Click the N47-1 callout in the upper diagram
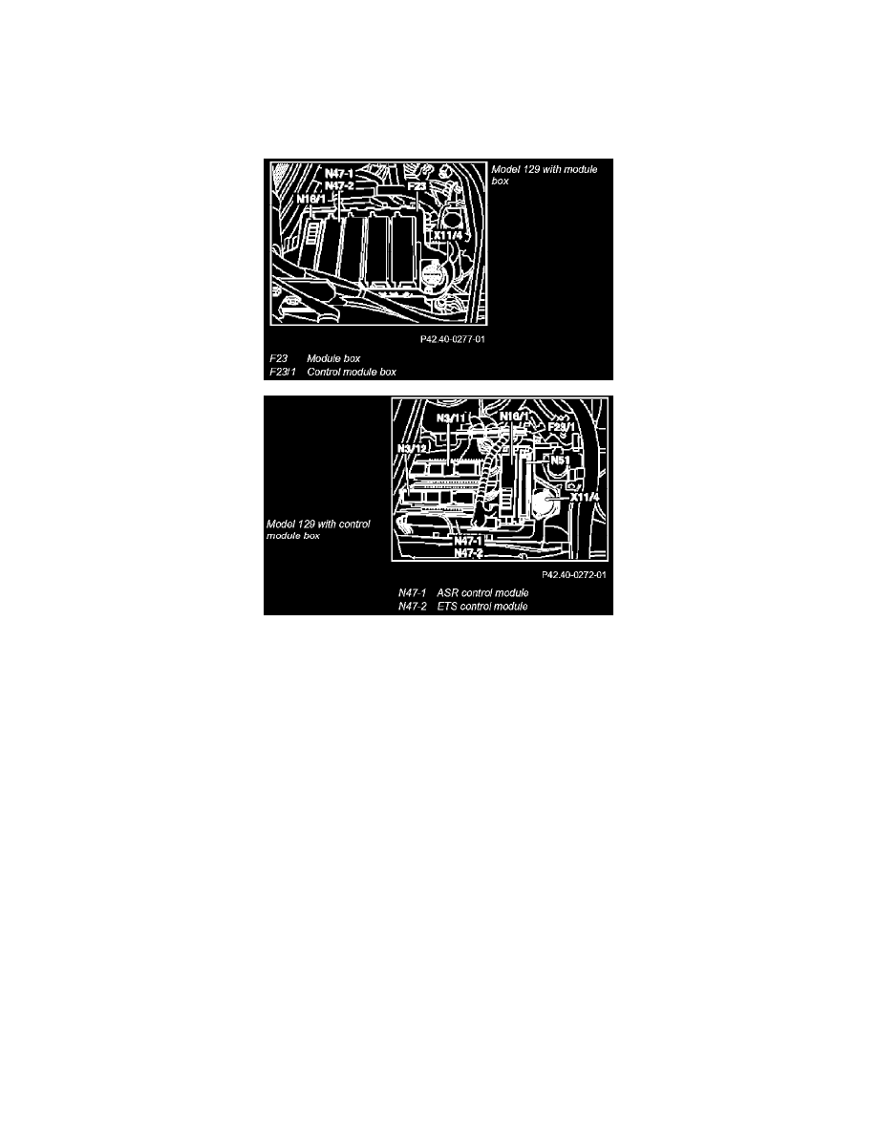coord(338,174)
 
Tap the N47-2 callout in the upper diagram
coord(338,186)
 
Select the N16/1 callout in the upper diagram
coord(311,199)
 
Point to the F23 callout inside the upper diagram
coord(417,186)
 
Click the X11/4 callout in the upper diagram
coord(448,235)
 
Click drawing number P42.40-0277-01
coord(452,339)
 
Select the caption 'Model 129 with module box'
coord(545,175)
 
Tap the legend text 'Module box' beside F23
coord(333,358)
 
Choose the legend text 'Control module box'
coord(352,372)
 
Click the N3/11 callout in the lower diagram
coord(451,418)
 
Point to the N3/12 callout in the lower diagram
coord(413,449)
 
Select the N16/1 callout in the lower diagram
coord(515,417)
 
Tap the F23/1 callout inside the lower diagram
coord(562,427)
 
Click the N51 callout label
coord(560,460)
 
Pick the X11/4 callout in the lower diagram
coord(585,498)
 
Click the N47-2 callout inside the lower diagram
coord(468,553)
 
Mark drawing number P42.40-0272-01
coord(574,575)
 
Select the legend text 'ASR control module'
coord(482,593)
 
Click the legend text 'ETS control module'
coord(482,607)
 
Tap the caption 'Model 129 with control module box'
coord(318,530)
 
